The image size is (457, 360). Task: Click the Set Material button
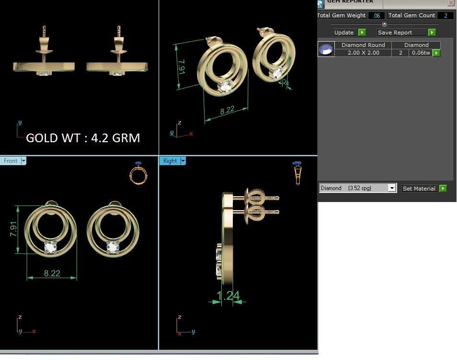424,189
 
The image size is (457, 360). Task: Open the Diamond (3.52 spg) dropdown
358,188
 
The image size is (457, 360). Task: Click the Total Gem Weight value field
377,16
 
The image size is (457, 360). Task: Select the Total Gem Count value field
445,16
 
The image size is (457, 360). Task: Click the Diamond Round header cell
363,45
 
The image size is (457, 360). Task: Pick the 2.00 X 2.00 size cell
363,53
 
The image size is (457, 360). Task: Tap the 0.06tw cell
421,53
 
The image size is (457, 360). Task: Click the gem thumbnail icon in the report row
326,49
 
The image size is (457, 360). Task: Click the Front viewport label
11,161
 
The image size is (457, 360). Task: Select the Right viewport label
170,161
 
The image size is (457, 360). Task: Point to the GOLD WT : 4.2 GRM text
83,138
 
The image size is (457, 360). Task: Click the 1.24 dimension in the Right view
228,296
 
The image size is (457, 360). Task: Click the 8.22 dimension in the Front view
52,273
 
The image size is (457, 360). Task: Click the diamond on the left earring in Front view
50,247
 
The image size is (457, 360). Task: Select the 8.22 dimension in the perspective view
227,110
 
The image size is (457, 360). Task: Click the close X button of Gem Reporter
451,2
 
